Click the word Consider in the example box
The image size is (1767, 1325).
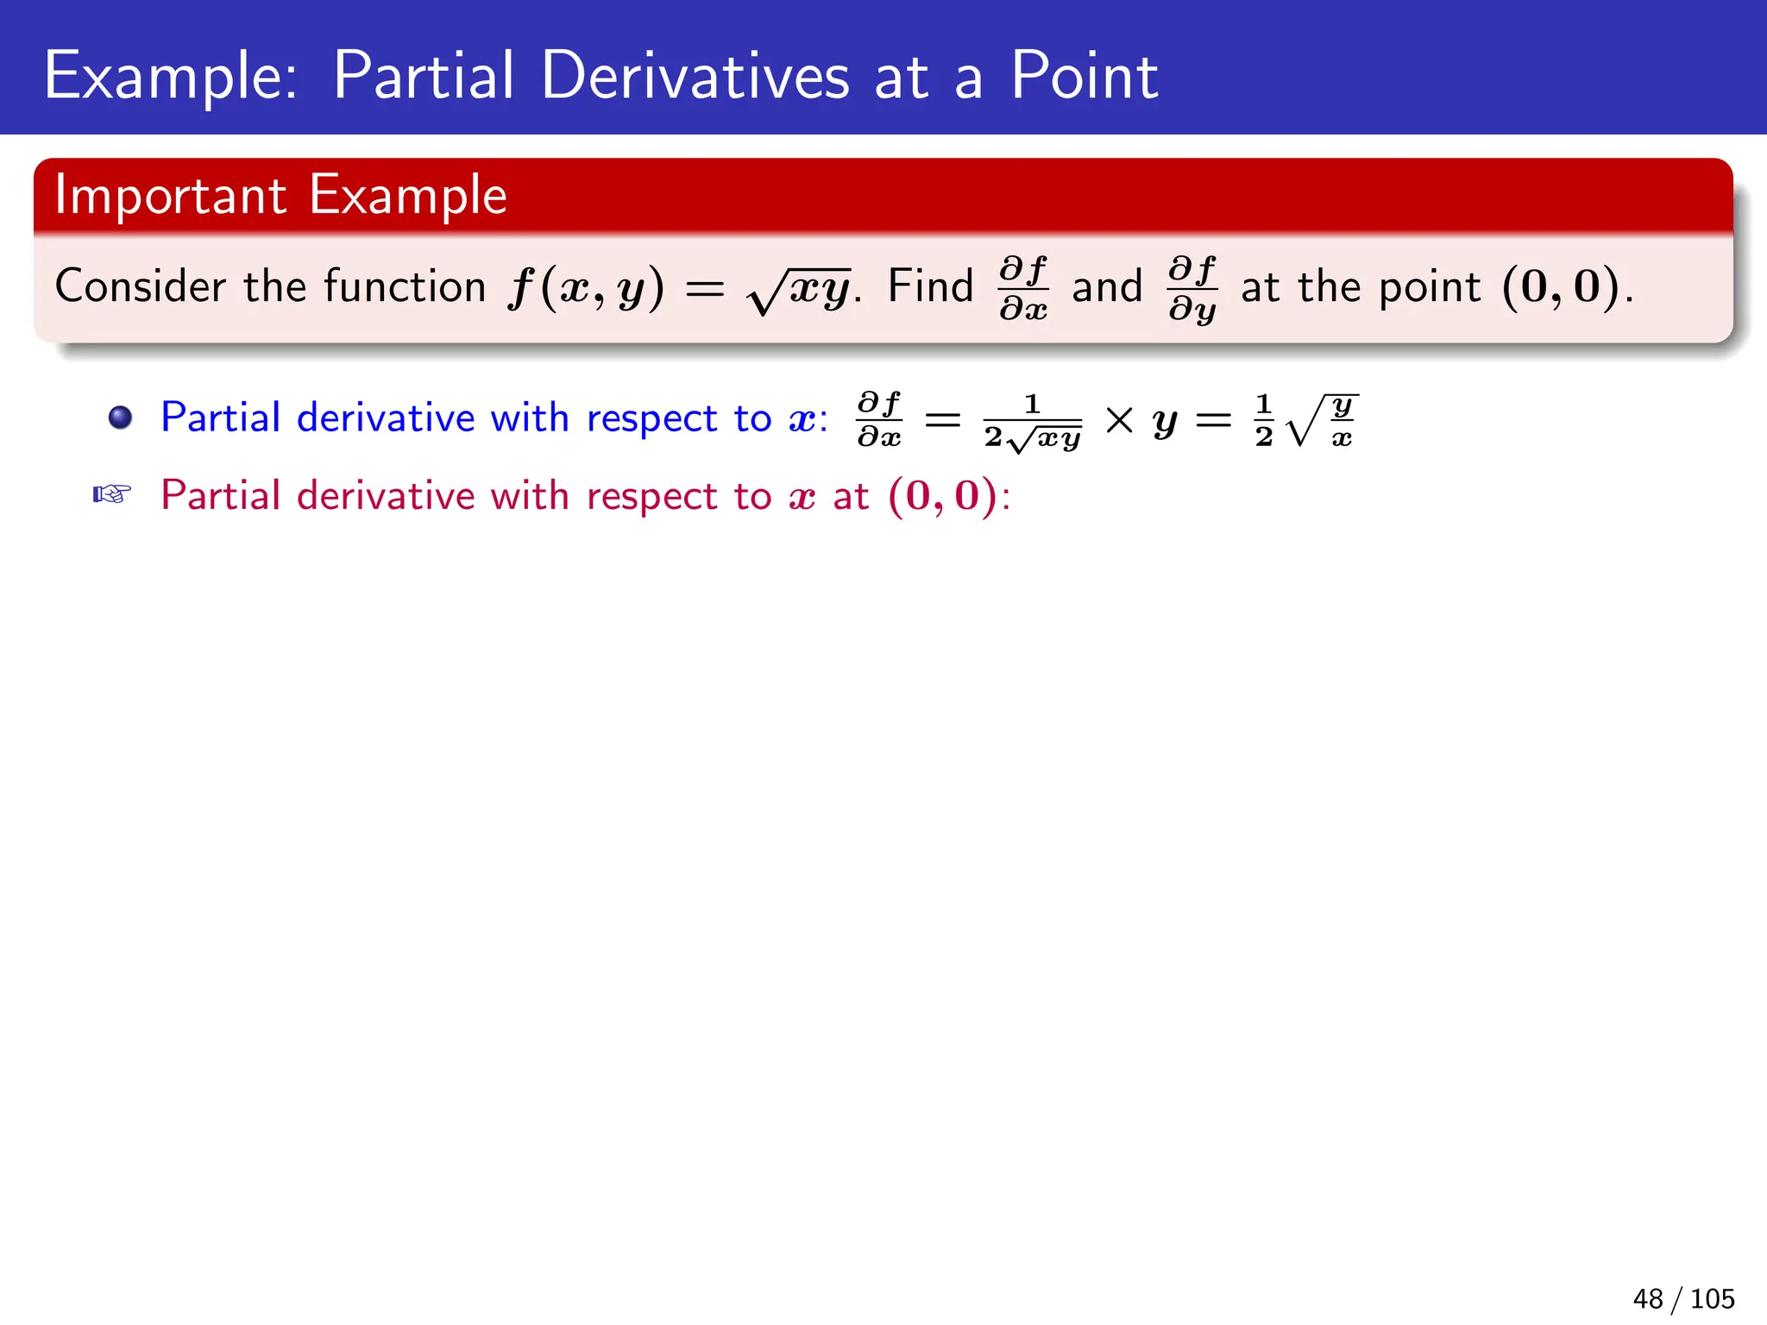[x=141, y=286]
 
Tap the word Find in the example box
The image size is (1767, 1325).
[x=930, y=286]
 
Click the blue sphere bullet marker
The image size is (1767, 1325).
[x=120, y=418]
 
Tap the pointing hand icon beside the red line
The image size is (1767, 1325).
[x=111, y=495]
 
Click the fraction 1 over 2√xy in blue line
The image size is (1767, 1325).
[x=1032, y=422]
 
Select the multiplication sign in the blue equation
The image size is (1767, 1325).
[x=1119, y=420]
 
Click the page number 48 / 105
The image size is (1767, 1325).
[x=1683, y=1298]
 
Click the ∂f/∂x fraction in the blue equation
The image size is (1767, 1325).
[x=879, y=420]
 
